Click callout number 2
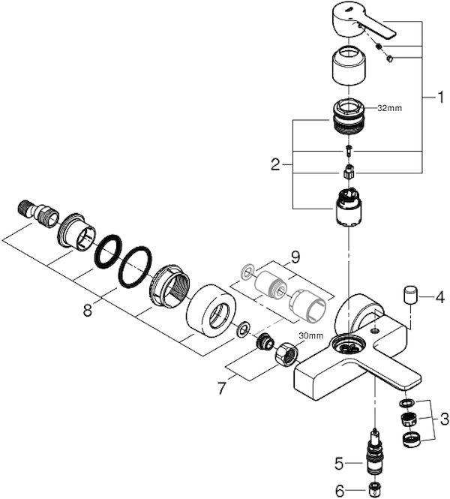(275, 163)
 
